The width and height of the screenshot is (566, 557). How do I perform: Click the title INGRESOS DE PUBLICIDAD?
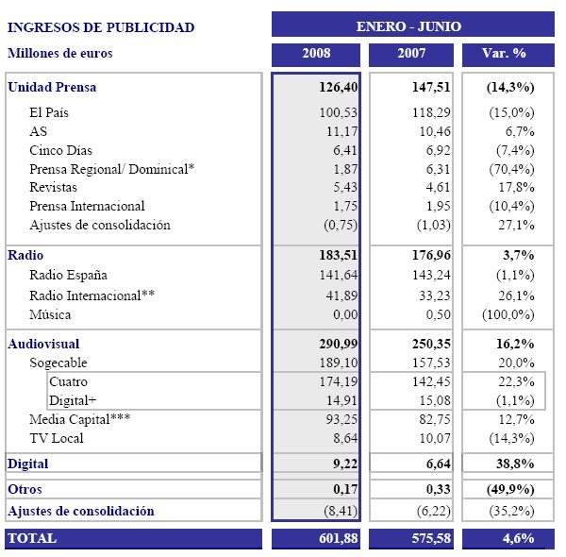point(101,27)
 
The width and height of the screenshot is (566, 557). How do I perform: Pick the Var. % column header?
point(509,54)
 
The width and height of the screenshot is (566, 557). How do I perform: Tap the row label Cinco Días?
point(61,150)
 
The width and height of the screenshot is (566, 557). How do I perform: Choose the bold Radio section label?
point(25,255)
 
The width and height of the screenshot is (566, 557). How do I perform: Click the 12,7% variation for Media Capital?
point(516,419)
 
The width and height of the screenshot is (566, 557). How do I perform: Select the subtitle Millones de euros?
point(59,54)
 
